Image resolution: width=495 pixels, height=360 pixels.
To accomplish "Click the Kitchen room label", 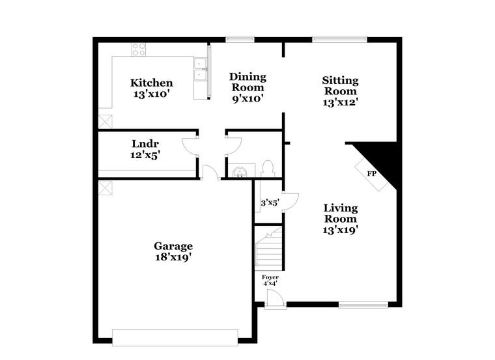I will point(152,83).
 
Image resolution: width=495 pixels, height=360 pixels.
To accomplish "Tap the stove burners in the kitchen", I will point(139,49).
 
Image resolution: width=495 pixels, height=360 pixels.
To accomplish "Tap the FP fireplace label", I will point(371,174).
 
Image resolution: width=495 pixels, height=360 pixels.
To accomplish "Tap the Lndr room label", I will point(145,144).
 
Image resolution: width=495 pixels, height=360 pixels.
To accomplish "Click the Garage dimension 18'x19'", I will point(173,256).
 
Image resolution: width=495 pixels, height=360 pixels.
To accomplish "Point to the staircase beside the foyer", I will point(268,251).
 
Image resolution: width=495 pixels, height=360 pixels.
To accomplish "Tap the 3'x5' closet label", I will point(269,202).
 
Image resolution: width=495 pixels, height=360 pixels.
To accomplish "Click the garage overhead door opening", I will point(175,337).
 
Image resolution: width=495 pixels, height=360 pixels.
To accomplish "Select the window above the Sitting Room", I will point(339,39).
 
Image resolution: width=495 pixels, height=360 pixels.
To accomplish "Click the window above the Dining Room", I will point(240,39).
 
